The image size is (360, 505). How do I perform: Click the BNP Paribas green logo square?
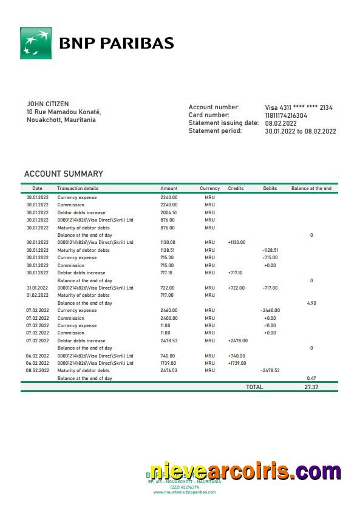pos(36,43)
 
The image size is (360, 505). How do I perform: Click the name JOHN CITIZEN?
pos(47,104)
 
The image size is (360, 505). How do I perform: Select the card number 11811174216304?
pos(286,115)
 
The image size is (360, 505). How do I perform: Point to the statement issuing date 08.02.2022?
pos(280,123)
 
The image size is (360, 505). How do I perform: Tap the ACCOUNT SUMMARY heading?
pos(63,174)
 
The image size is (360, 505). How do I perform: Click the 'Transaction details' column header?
pos(78,189)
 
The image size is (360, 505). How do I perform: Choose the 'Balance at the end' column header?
pos(311,189)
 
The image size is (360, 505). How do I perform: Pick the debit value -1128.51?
pos(270,250)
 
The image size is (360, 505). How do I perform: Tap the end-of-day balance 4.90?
pos(311,303)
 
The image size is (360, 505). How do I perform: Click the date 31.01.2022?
pos(37,288)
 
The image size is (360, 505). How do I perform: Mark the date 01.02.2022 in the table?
pos(37,295)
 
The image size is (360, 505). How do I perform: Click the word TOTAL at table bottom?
pos(254,387)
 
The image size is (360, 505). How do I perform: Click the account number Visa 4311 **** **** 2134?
pos(299,107)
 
